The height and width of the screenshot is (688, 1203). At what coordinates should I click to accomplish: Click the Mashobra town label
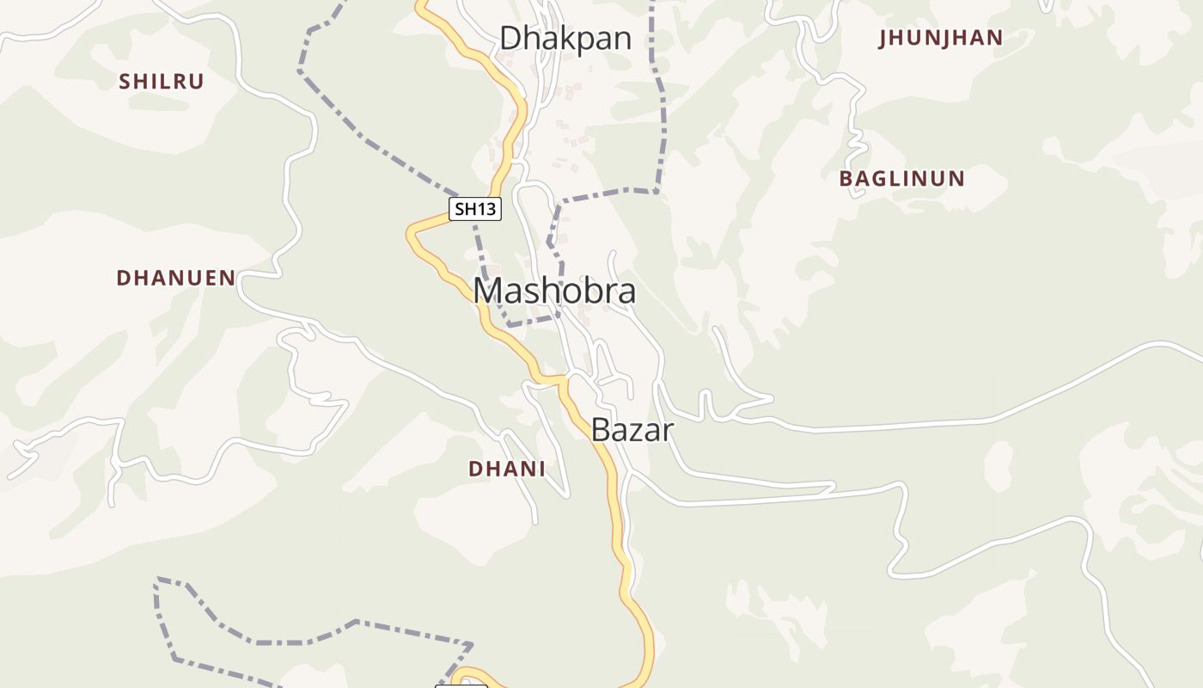click(x=554, y=291)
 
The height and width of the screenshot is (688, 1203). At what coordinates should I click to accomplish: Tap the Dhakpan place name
click(x=565, y=38)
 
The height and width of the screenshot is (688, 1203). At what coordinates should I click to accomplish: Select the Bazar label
click(x=632, y=429)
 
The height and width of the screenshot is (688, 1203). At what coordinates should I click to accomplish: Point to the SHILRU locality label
click(x=162, y=82)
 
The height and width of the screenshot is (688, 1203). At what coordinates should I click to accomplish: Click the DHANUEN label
click(x=176, y=278)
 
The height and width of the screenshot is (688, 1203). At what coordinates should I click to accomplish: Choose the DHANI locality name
click(x=507, y=469)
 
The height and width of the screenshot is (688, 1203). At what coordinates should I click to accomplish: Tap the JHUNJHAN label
click(x=941, y=38)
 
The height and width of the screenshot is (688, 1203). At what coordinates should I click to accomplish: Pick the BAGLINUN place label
click(x=902, y=179)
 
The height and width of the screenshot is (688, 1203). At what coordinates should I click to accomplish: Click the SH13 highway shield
click(x=475, y=208)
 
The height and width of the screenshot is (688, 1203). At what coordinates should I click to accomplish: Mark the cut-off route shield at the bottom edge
click(x=461, y=685)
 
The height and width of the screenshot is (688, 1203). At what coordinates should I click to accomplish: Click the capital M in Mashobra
click(x=488, y=291)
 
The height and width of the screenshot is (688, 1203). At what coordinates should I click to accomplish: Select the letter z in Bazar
click(x=640, y=430)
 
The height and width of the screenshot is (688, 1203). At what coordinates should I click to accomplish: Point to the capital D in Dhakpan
click(x=510, y=38)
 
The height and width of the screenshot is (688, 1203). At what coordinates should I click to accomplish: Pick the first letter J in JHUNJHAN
click(x=883, y=38)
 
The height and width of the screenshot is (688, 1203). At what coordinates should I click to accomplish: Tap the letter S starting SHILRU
click(x=125, y=82)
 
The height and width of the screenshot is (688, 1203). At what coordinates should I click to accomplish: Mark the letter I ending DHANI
click(x=541, y=469)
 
